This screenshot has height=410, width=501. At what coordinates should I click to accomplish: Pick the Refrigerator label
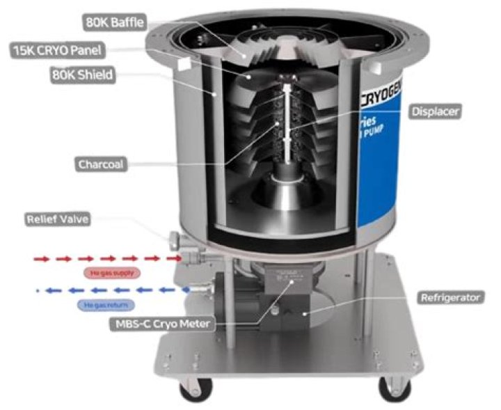pos(450,297)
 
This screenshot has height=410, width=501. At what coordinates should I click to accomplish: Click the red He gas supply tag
pos(112,273)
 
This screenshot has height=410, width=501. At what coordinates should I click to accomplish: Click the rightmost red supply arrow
pos(170,258)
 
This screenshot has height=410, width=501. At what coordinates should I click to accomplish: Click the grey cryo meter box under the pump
pos(292,286)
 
